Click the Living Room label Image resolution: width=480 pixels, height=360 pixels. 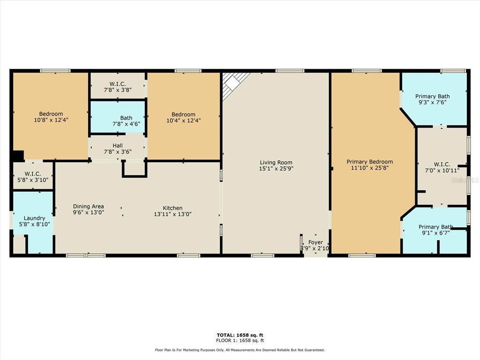coord(276,163)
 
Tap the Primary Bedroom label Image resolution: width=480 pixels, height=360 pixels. coord(369,162)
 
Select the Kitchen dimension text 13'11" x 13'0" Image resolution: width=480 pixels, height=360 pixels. coord(172,214)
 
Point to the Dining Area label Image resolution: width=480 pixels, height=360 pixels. coord(88,206)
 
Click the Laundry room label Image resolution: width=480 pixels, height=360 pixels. coord(34,218)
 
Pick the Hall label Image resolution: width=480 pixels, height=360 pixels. coord(118,146)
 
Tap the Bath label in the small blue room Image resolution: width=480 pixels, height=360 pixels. coord(126,118)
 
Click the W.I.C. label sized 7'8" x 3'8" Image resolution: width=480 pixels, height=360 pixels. coord(118,84)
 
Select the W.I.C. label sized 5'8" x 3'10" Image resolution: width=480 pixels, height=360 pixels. coord(33,174)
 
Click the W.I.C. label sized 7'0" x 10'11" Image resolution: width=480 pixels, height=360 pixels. coord(442,165)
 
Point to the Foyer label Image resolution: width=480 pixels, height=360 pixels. coord(315,242)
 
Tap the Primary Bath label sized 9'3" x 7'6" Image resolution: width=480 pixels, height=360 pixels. coord(432,97)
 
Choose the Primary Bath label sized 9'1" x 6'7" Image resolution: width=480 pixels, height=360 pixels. coord(435,227)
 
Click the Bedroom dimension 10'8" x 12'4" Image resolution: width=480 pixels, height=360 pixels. coord(51,120)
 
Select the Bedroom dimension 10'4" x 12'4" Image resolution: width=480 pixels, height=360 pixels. coord(183,120)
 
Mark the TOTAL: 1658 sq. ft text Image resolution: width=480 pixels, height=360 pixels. coord(240,335)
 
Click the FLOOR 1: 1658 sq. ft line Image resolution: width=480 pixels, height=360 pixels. coord(240,340)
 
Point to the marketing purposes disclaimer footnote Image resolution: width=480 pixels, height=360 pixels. coord(240,350)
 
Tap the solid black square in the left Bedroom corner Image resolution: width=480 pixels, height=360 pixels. coord(18,156)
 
